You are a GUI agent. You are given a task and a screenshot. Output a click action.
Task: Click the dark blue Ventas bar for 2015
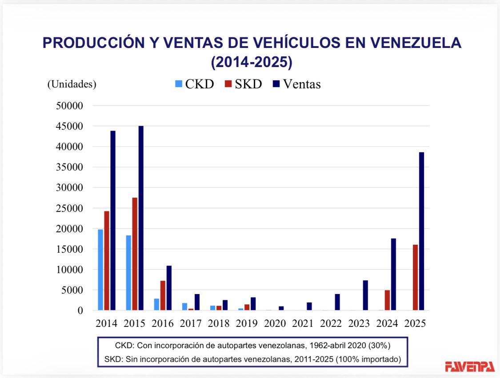(141, 218)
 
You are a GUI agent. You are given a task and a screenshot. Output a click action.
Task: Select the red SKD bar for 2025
(415, 277)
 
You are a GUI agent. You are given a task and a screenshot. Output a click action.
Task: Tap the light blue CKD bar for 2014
(100, 270)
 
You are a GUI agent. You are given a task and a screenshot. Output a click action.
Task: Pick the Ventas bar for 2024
(393, 274)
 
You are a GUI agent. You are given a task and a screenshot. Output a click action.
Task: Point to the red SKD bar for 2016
(163, 295)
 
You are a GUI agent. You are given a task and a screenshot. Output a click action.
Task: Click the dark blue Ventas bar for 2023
(365, 295)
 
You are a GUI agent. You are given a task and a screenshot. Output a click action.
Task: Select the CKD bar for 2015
(128, 272)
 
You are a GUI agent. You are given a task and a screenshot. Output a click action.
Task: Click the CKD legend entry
(194, 84)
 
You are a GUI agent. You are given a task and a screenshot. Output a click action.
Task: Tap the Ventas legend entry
(297, 84)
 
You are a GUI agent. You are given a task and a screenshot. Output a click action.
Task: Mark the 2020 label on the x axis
(275, 323)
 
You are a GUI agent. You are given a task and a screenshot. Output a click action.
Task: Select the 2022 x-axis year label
(331, 323)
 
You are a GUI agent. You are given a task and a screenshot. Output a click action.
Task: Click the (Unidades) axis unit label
(72, 84)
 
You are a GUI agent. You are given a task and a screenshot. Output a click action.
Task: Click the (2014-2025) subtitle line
(252, 62)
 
